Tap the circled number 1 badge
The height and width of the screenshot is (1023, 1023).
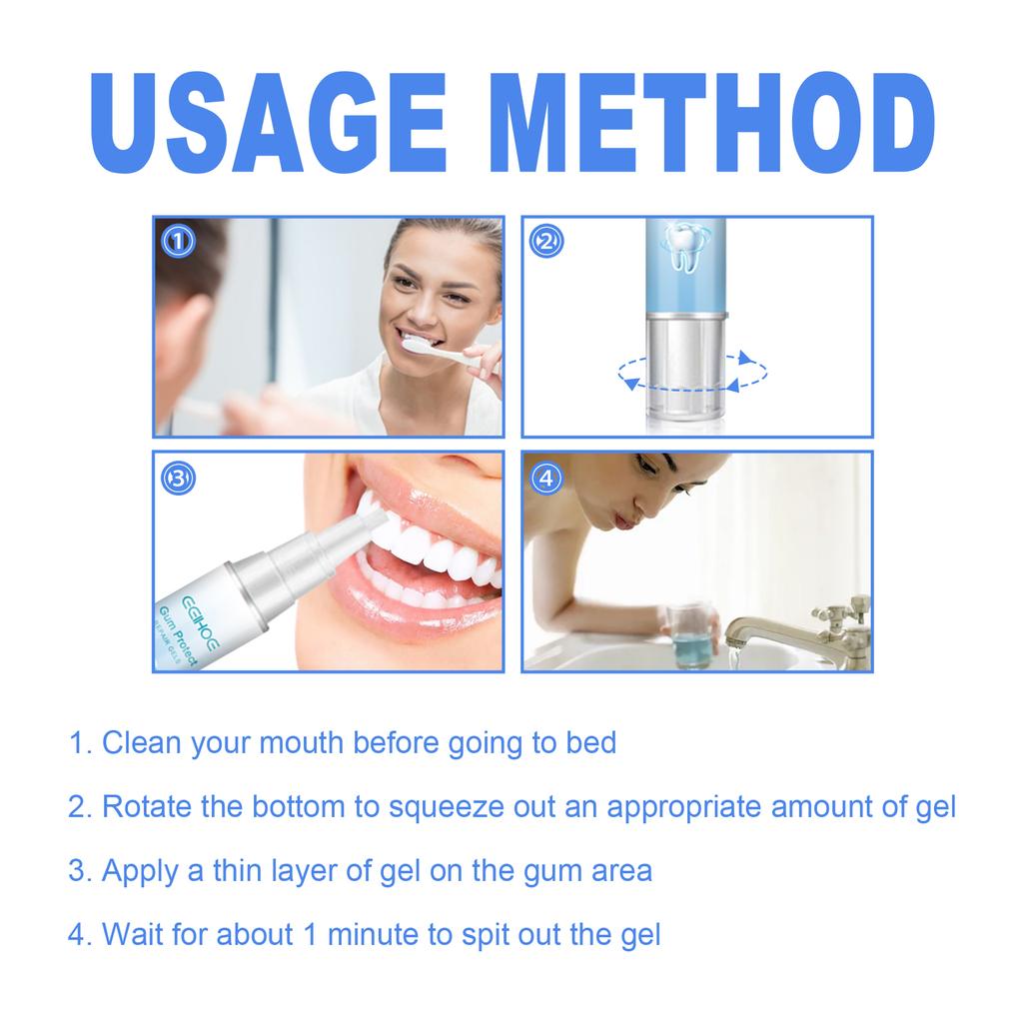pyautogui.click(x=177, y=241)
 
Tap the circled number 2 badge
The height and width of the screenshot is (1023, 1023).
pyautogui.click(x=545, y=241)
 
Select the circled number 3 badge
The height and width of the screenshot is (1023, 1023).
pyautogui.click(x=177, y=479)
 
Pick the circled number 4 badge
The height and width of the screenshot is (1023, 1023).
pyautogui.click(x=545, y=479)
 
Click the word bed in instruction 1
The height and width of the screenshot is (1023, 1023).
pyautogui.click(x=590, y=743)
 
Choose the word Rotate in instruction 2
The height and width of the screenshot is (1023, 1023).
pyautogui.click(x=148, y=806)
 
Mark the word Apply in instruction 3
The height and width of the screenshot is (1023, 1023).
pyautogui.click(x=138, y=871)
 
